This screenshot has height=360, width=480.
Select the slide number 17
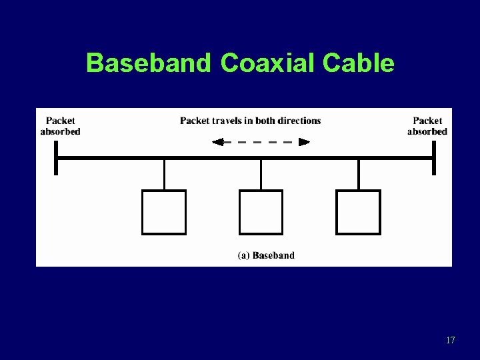coord(450,341)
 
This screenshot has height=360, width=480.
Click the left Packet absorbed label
coord(61,126)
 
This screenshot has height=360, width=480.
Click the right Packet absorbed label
coord(427,126)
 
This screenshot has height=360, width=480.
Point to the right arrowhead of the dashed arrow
coord(304,141)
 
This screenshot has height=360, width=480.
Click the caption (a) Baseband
coord(266,255)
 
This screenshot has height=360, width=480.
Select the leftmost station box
coord(164,212)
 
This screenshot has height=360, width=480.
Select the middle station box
coord(261,212)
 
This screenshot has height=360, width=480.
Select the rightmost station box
coord(359,212)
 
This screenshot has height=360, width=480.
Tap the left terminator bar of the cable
coord(56,158)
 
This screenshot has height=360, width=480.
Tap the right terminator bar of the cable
coord(433,158)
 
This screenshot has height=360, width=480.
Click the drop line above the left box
coord(164,175)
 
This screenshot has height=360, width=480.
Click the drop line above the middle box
coord(261,175)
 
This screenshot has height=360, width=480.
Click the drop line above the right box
coord(359,175)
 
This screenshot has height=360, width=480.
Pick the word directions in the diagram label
coord(299,121)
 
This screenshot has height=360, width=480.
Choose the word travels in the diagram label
coord(225,121)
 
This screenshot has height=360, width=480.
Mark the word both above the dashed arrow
coord(263,121)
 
